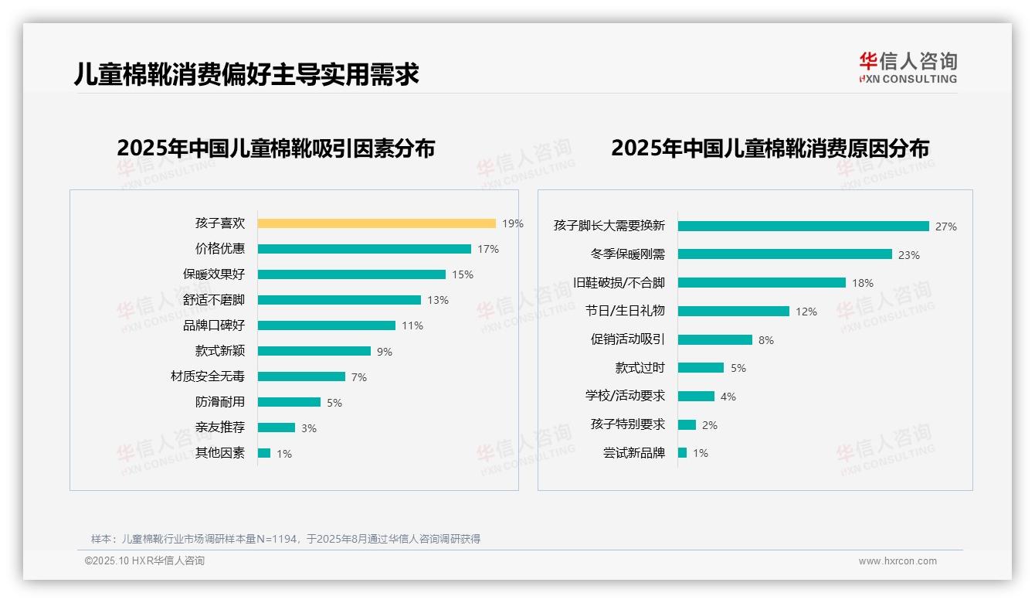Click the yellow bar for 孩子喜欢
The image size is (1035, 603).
376,223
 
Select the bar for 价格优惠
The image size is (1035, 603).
364,249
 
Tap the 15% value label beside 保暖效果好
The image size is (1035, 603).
463,274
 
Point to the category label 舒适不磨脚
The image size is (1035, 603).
214,300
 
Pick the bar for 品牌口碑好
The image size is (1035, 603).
326,325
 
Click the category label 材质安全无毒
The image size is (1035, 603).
208,376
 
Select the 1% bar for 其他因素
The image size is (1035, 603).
264,453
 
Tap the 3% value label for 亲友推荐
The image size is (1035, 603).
309,428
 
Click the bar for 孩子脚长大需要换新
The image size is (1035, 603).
803,226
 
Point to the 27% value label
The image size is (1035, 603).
945,227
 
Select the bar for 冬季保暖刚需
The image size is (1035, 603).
785,254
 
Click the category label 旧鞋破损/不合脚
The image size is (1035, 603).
619,283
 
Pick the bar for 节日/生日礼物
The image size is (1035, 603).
734,311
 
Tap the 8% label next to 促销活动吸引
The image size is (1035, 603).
765,340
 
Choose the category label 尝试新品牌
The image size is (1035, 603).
634,453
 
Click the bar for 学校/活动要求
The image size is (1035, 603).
696,396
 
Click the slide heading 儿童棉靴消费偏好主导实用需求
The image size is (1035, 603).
246,74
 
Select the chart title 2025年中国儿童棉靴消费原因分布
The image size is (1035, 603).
770,148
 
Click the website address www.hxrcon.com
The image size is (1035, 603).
898,561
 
